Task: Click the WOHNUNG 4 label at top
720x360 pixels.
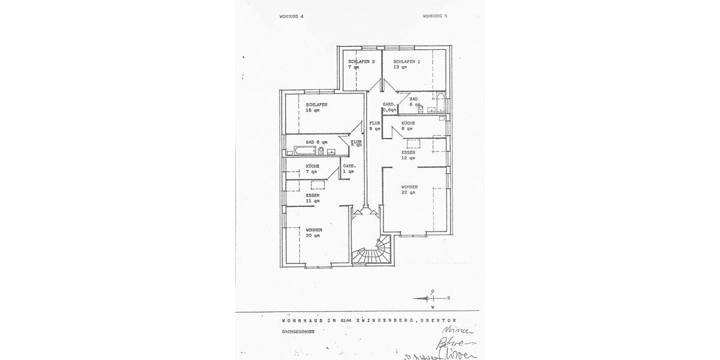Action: [x=292, y=16]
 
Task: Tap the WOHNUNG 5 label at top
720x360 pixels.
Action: [x=435, y=16]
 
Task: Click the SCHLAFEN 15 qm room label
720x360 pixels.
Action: [x=316, y=107]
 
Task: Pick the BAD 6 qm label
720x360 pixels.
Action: [x=415, y=101]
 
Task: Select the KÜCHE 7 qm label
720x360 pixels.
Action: [x=313, y=169]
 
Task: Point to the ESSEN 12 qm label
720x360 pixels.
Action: [x=408, y=155]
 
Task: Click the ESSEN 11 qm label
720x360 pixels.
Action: [x=313, y=198]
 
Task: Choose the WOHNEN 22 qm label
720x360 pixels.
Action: [x=409, y=190]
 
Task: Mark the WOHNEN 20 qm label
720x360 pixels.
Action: [x=314, y=232]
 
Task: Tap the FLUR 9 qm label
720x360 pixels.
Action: [x=375, y=125]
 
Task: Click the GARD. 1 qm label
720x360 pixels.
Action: [x=349, y=169]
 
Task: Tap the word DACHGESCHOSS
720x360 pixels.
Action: [x=298, y=331]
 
